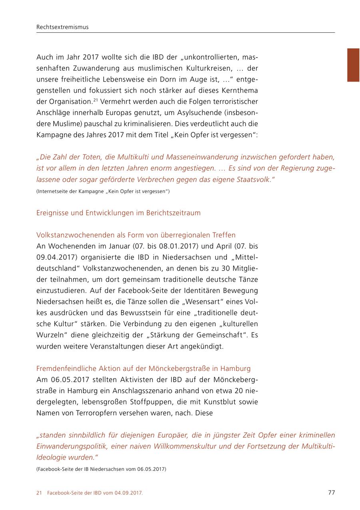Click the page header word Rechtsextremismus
pyautogui.click(x=62, y=27)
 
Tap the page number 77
pyautogui.click(x=331, y=492)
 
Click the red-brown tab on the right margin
pyautogui.click(x=353, y=65)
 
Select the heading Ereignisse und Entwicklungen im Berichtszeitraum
pyautogui.click(x=118, y=213)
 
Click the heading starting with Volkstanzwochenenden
pyautogui.click(x=136, y=235)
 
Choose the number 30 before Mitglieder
pyautogui.click(x=218, y=268)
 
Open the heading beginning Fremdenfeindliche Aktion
pyautogui.click(x=143, y=368)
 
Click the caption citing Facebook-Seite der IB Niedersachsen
pyautogui.click(x=101, y=469)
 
